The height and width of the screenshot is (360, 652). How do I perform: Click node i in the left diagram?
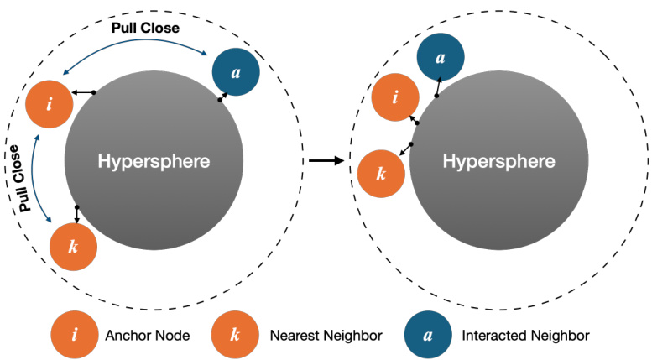50,105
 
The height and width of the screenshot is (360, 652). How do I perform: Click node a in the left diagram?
236,72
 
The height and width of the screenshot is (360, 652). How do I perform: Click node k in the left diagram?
74,248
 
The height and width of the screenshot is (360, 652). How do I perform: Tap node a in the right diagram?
441,59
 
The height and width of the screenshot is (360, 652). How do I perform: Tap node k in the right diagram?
381,174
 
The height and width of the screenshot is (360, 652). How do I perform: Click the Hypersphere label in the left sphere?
154,161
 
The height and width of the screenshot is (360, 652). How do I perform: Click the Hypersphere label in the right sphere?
498,161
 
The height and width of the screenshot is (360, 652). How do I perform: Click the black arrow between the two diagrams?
326,160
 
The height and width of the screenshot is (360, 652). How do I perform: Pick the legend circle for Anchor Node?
75,336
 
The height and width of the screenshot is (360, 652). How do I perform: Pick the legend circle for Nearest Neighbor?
235,336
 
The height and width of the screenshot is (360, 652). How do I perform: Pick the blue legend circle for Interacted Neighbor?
427,336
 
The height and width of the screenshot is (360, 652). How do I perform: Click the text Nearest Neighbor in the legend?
326,336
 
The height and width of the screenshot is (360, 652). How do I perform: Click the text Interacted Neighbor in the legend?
526,336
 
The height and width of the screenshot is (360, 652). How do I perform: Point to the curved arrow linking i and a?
134,47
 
